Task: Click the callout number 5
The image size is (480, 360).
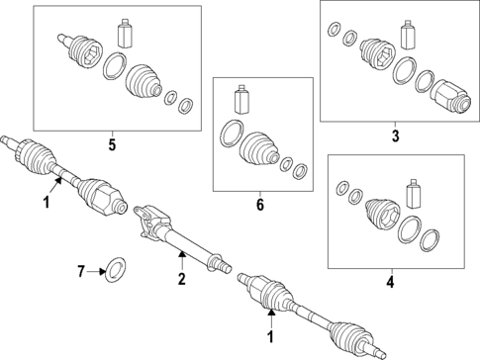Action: coord(113,145)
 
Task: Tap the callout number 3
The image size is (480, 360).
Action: coord(395,136)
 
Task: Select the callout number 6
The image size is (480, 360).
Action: coord(260,205)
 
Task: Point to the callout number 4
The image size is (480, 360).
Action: coord(390,283)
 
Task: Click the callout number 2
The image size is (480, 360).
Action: coord(182,279)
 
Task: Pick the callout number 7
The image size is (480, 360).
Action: coord(81,272)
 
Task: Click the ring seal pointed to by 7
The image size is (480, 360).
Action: coord(115,270)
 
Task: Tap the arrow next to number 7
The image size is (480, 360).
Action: coord(96,272)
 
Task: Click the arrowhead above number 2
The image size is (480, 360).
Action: coord(182,253)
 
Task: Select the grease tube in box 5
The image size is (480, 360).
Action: coord(126,33)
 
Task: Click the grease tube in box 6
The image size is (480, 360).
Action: coord(241,100)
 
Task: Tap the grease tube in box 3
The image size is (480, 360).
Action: coord(407,36)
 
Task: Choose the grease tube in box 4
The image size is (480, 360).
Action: coord(414,194)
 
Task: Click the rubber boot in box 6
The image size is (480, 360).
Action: coord(260,148)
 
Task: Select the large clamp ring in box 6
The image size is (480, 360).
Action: coord(232,134)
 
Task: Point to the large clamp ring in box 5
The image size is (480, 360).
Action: coord(115,65)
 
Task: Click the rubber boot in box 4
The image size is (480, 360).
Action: coord(382,215)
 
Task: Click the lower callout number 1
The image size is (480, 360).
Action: coord(271,337)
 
